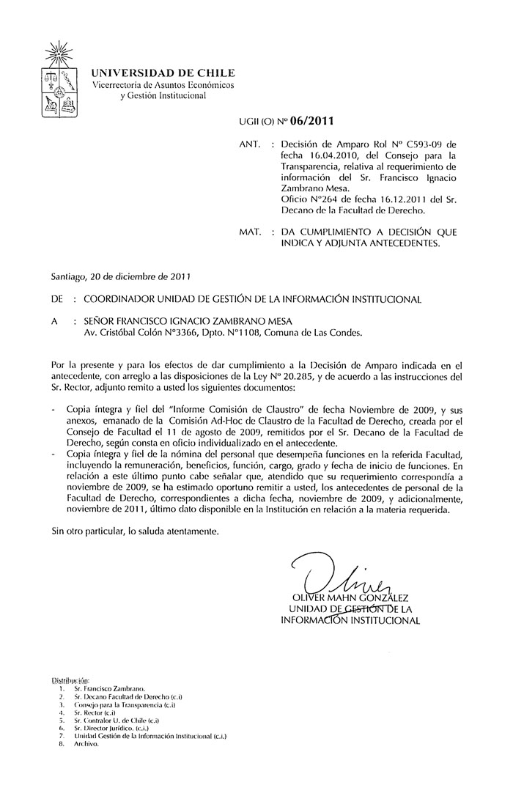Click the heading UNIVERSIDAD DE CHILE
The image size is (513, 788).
coord(163,73)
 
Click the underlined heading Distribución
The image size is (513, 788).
coord(70,681)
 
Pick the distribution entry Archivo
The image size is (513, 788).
coord(86,743)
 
